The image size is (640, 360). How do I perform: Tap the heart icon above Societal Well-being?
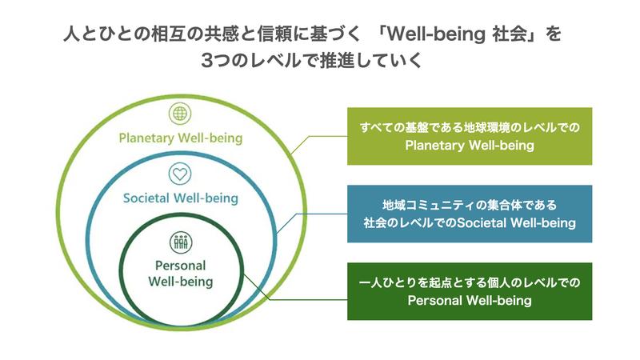pos(179,173)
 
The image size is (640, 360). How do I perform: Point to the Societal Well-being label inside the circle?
pos(181,197)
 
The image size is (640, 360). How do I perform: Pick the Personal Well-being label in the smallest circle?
pos(181,274)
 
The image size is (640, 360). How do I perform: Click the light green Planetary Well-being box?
pos(469,136)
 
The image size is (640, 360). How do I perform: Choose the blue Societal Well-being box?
pos(469,214)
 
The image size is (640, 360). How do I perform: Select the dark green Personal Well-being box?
pos(469,291)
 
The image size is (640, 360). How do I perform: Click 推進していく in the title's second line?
pos(376,61)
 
